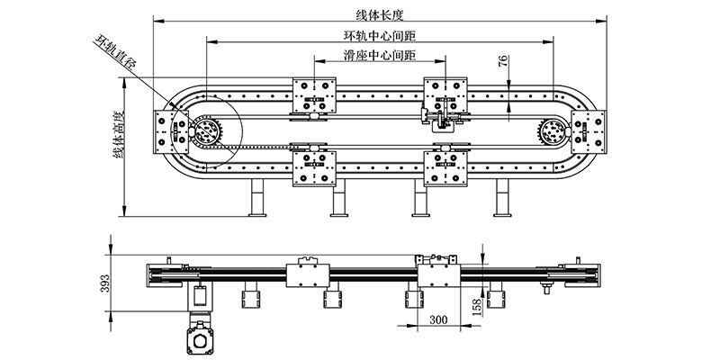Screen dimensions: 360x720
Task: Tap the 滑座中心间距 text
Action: pyautogui.click(x=379, y=56)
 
